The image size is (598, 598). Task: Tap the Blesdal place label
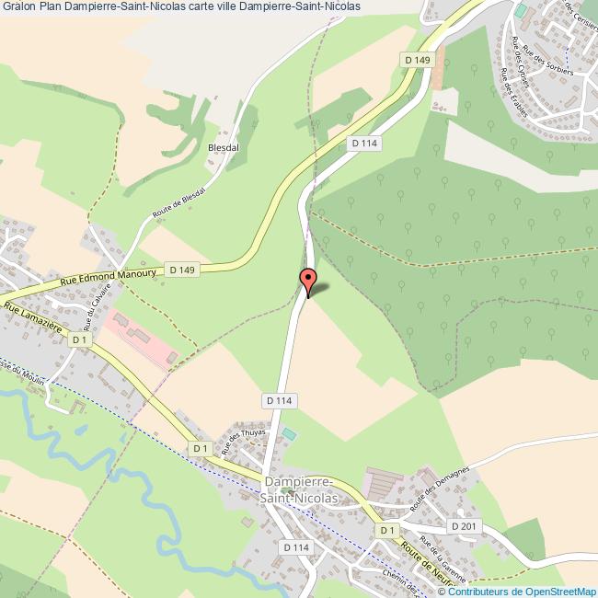[x=224, y=147]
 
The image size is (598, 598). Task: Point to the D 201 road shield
[x=466, y=525]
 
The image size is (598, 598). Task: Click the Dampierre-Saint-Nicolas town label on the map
[x=301, y=489]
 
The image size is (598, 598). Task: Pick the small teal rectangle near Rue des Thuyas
[x=290, y=434]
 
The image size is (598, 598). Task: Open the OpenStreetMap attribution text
[x=521, y=591]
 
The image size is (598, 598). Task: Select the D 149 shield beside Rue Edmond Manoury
[x=182, y=270]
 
